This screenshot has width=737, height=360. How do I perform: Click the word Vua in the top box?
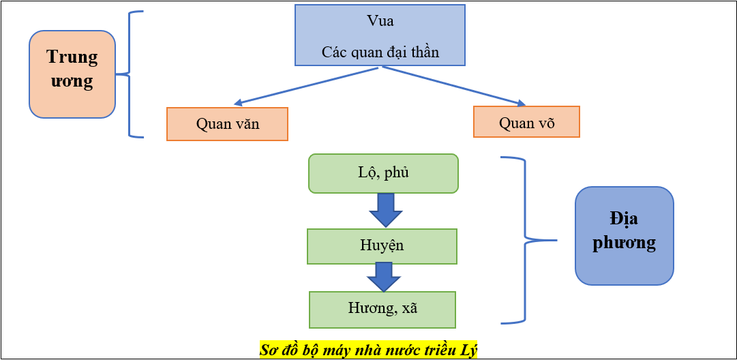coord(380,21)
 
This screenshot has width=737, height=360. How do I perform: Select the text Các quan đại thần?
coord(380,52)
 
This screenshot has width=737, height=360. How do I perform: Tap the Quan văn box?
coord(227,124)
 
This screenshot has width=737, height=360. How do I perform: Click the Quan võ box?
coord(526,123)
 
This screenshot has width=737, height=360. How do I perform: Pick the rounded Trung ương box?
coord(72,74)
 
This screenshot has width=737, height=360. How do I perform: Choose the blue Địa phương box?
coord(624,235)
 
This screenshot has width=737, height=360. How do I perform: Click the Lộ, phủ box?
coord(383,173)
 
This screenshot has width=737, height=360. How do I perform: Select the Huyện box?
coord(382,246)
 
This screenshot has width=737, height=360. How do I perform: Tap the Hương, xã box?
coord(382,310)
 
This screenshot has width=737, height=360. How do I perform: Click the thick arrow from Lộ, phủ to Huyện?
coord(386,210)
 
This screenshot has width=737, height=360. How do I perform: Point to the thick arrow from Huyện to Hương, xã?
coord(383,277)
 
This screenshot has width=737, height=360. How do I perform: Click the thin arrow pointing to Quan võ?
coord(453,86)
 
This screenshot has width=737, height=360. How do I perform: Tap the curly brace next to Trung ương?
coord(129,74)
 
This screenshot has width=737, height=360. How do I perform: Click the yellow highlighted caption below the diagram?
coord(368,350)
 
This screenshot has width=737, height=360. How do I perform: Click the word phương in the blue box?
coord(624,243)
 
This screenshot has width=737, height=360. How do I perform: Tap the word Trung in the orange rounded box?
coord(72,57)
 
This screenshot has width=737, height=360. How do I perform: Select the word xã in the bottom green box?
coord(409,308)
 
